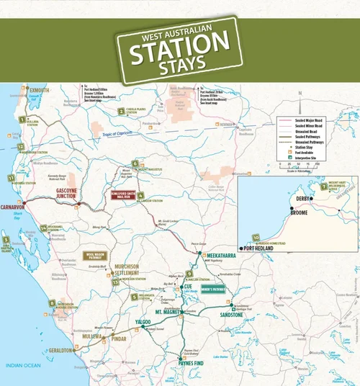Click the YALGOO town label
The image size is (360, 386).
click(x=140, y=322)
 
